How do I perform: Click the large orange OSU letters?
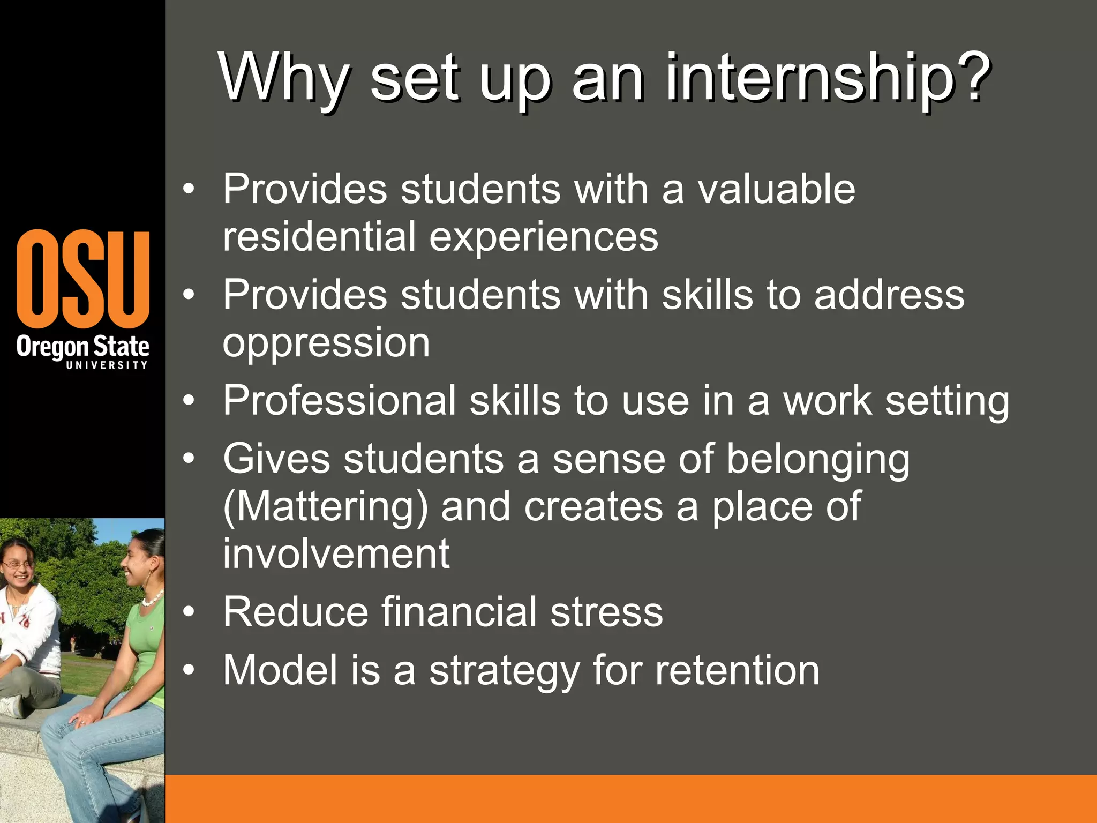[83, 279]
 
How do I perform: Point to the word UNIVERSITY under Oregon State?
[107, 365]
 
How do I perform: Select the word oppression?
[326, 343]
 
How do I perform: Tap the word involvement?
[336, 553]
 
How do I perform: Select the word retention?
[737, 670]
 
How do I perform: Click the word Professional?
[339, 400]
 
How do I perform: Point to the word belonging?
[817, 460]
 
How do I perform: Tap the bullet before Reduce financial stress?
[188, 612]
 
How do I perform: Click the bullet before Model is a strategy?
[188, 670]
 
